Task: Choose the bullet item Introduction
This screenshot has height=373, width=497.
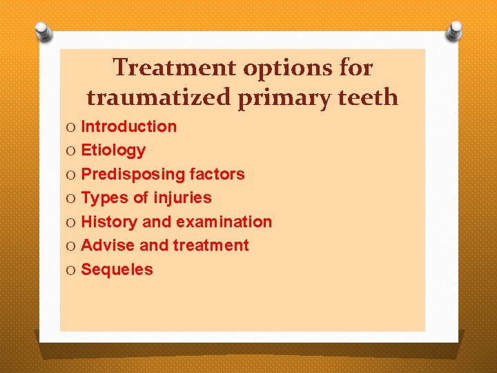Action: (128, 126)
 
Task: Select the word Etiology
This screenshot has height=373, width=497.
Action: (113, 150)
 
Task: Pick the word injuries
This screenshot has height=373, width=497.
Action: (183, 198)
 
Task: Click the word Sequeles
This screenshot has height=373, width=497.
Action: (117, 269)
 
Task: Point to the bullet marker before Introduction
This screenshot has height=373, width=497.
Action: (72, 127)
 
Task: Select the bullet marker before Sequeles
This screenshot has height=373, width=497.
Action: (72, 270)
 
